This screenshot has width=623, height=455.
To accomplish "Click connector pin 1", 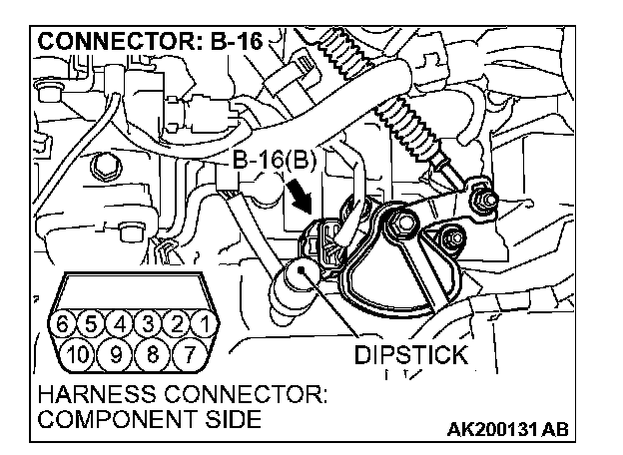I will [x=202, y=323].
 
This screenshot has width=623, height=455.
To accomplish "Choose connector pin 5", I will [x=93, y=323].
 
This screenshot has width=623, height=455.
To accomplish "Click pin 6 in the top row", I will [x=66, y=323].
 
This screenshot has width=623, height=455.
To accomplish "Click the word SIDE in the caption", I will [x=233, y=420].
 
